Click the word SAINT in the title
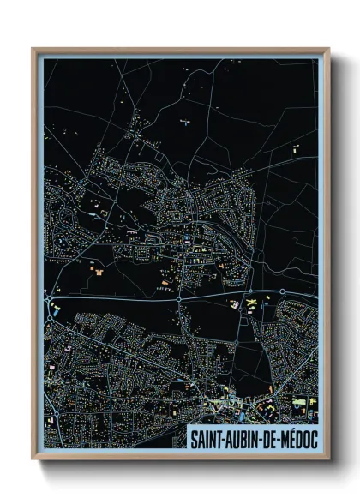click(x=206, y=437)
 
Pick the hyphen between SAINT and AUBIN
click(x=222, y=438)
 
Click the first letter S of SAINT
click(x=193, y=437)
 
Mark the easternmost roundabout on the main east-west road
click(x=282, y=292)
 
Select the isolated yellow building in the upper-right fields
click(x=296, y=149)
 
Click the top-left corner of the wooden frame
click(x=33, y=49)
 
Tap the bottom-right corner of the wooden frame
click(x=328, y=460)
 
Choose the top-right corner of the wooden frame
click(x=328, y=49)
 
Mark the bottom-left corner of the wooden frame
click(x=33, y=460)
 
